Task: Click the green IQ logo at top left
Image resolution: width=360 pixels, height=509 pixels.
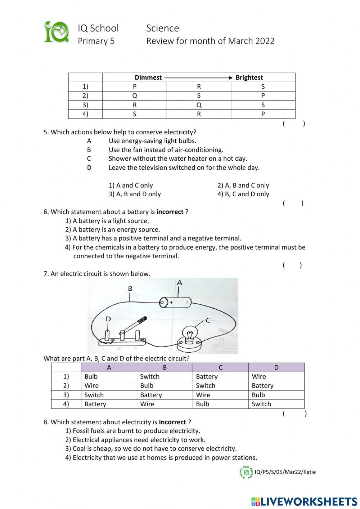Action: (56, 32)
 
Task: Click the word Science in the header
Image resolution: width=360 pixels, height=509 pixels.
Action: (162, 28)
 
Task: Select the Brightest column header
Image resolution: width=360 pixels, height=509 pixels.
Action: (249, 77)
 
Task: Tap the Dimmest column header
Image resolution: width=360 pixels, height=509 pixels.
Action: (148, 77)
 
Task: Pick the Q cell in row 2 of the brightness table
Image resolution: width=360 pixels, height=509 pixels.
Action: (135, 96)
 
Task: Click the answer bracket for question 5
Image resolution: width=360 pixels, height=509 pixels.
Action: (293, 203)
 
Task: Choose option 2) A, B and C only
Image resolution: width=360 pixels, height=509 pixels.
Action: (243, 186)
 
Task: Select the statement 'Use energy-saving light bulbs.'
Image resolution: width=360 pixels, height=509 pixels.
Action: (152, 141)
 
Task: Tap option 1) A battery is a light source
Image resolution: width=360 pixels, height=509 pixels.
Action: (107, 221)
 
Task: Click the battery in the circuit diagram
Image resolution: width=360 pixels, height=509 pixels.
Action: (175, 302)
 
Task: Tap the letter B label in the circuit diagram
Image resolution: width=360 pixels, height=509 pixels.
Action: (130, 289)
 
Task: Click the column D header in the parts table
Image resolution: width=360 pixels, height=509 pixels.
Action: (276, 367)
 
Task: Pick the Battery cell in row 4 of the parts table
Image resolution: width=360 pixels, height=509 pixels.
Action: (95, 404)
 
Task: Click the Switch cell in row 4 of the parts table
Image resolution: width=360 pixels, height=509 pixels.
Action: (261, 404)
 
